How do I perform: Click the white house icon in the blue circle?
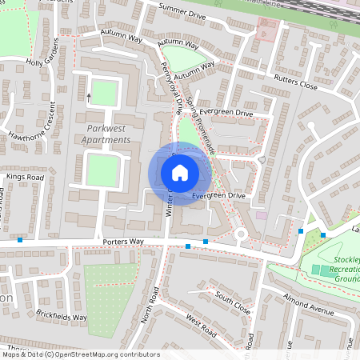pos(180,172)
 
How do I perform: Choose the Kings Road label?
pos(24,176)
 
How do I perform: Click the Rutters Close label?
pos(295,82)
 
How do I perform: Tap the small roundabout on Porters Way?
pos(240,234)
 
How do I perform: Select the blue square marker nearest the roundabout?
pos(206,241)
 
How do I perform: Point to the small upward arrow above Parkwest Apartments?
pos(89,96)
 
